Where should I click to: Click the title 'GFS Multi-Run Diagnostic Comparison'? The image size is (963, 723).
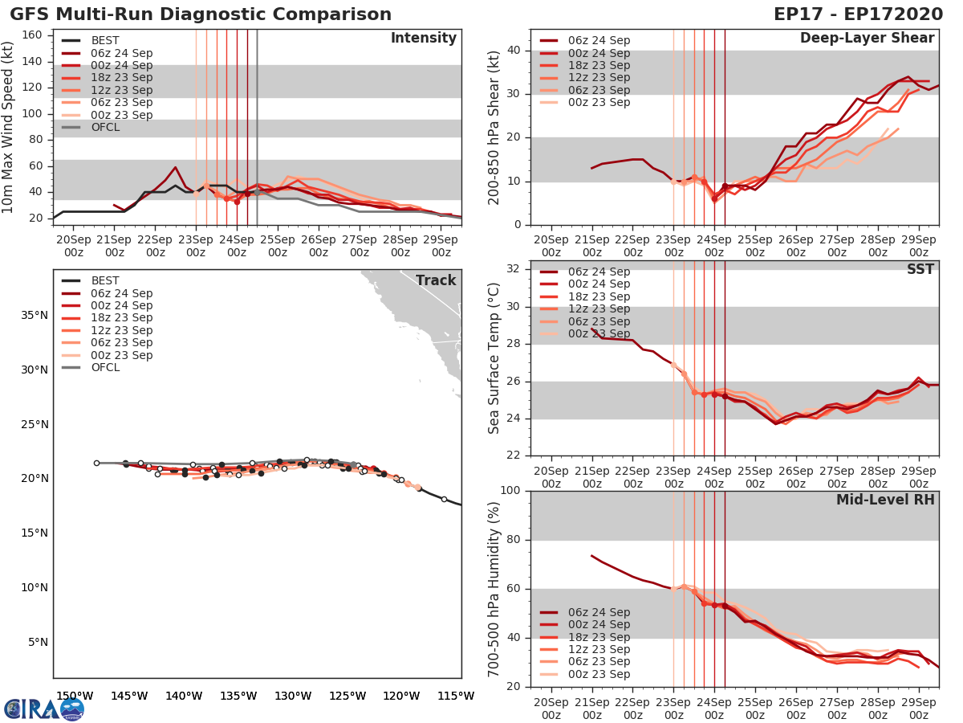tap(201, 14)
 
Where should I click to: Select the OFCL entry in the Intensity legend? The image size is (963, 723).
tap(105, 127)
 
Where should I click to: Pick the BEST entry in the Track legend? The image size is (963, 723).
tap(105, 280)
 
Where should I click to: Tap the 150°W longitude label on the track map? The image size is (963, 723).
tap(71, 696)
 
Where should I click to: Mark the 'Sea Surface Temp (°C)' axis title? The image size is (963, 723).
tap(494, 357)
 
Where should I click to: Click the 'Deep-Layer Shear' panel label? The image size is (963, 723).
tap(867, 39)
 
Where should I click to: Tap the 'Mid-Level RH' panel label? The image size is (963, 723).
tap(885, 500)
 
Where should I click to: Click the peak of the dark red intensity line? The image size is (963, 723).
tap(175, 167)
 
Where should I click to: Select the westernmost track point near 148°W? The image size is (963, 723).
tap(96, 463)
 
